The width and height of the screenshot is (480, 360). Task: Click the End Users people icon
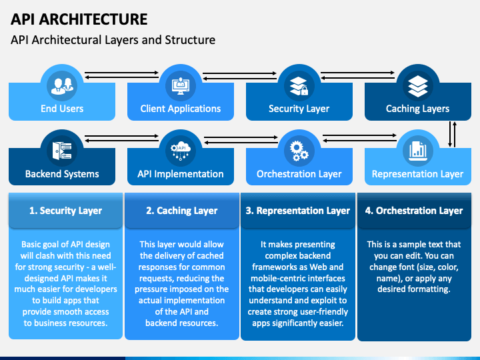62,86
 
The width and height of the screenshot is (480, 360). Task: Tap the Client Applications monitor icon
181,86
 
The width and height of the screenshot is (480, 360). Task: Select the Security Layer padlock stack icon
299,86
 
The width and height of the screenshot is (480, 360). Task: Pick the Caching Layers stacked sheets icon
417,86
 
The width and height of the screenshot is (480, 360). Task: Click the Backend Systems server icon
62,151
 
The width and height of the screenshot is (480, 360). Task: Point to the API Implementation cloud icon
181,151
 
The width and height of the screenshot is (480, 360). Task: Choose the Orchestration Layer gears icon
299,151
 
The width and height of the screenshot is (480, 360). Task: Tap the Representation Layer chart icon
417,151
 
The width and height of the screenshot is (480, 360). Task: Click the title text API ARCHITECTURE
79,19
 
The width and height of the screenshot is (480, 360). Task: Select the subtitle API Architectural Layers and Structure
113,40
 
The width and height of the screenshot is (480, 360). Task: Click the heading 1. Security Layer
65,211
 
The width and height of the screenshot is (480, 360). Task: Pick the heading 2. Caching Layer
181,211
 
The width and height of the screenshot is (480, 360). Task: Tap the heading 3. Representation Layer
297,211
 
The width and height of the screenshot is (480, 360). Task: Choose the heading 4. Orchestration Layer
414,211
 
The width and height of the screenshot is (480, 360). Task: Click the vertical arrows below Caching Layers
452,135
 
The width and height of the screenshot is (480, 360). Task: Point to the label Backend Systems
62,174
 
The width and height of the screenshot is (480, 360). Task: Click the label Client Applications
181,109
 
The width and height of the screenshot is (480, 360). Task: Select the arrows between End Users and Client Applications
121,75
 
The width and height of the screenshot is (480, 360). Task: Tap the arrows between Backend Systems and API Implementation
121,139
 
